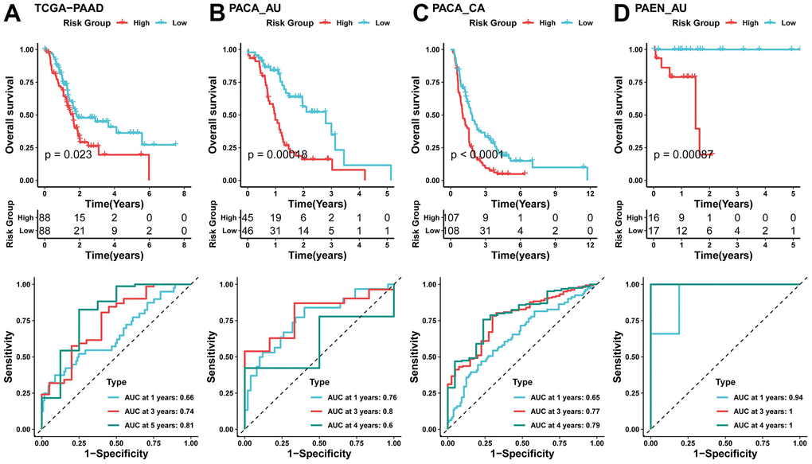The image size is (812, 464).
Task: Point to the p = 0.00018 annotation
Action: coord(275,154)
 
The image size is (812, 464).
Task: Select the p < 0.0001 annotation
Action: coord(478,154)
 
